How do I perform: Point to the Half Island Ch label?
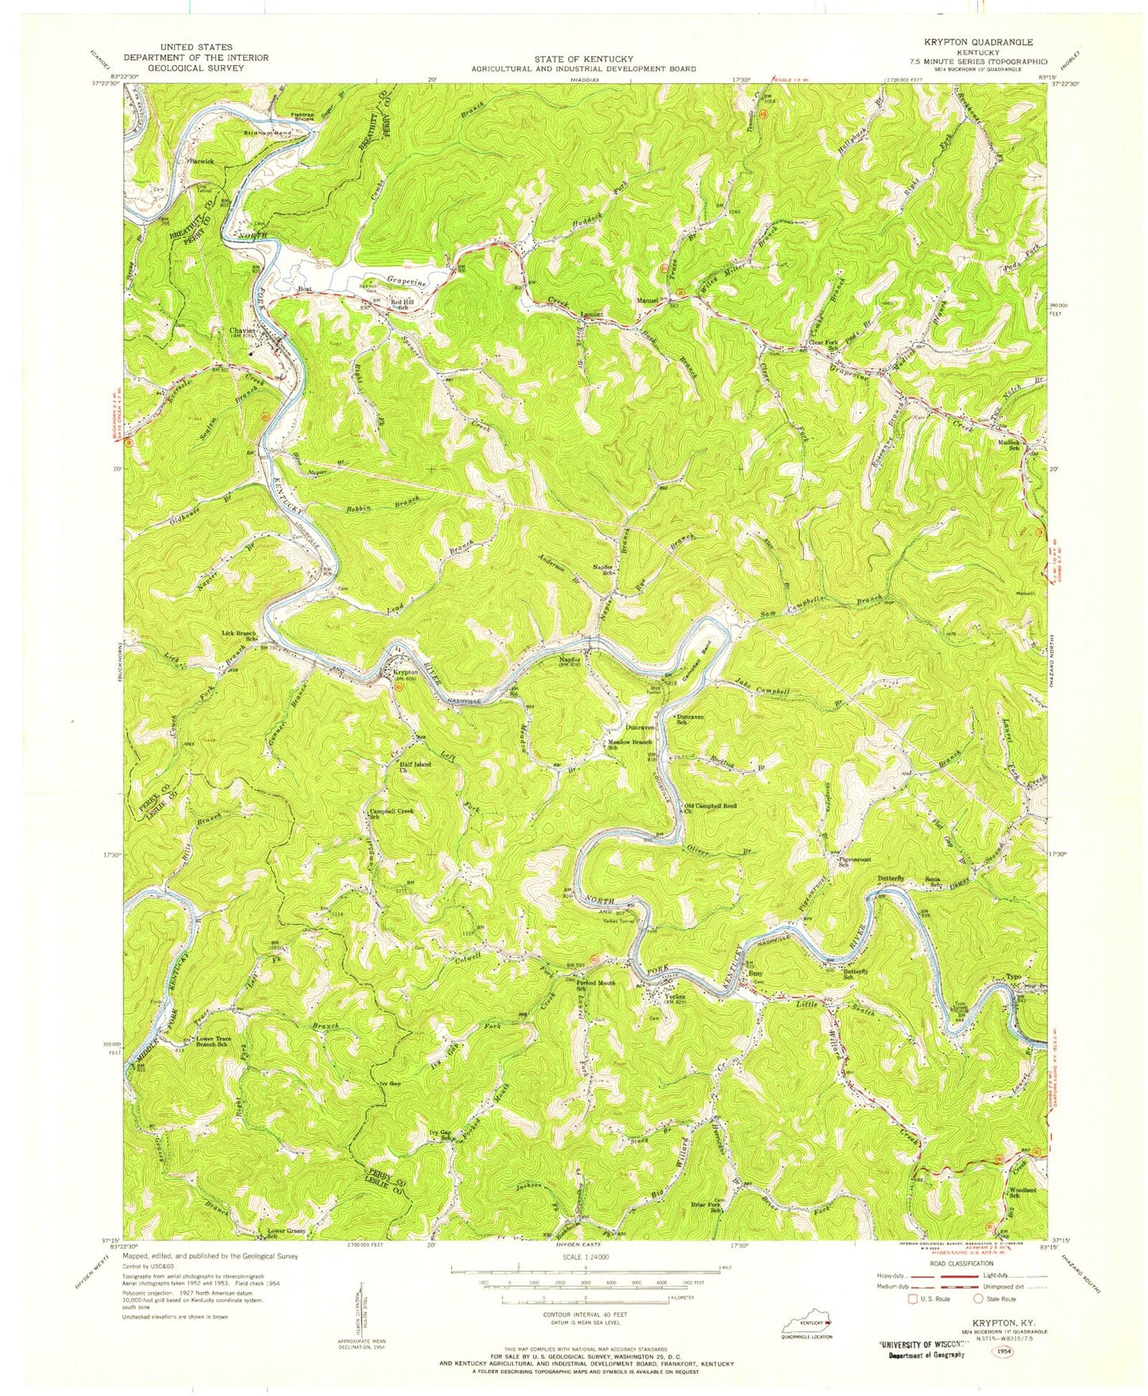[x=416, y=767]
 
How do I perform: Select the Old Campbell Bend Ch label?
[x=710, y=809]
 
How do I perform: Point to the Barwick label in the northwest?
[x=200, y=161]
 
